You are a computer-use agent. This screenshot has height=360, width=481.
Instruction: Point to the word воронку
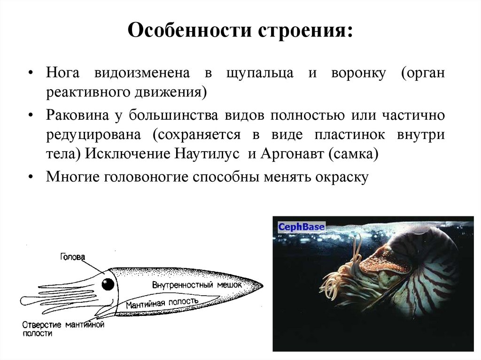point(359,74)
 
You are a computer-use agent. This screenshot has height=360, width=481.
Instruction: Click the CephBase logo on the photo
point(301,227)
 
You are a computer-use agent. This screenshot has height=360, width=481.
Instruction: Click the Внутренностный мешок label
point(197,285)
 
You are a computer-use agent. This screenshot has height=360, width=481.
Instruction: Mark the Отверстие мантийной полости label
point(62,329)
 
